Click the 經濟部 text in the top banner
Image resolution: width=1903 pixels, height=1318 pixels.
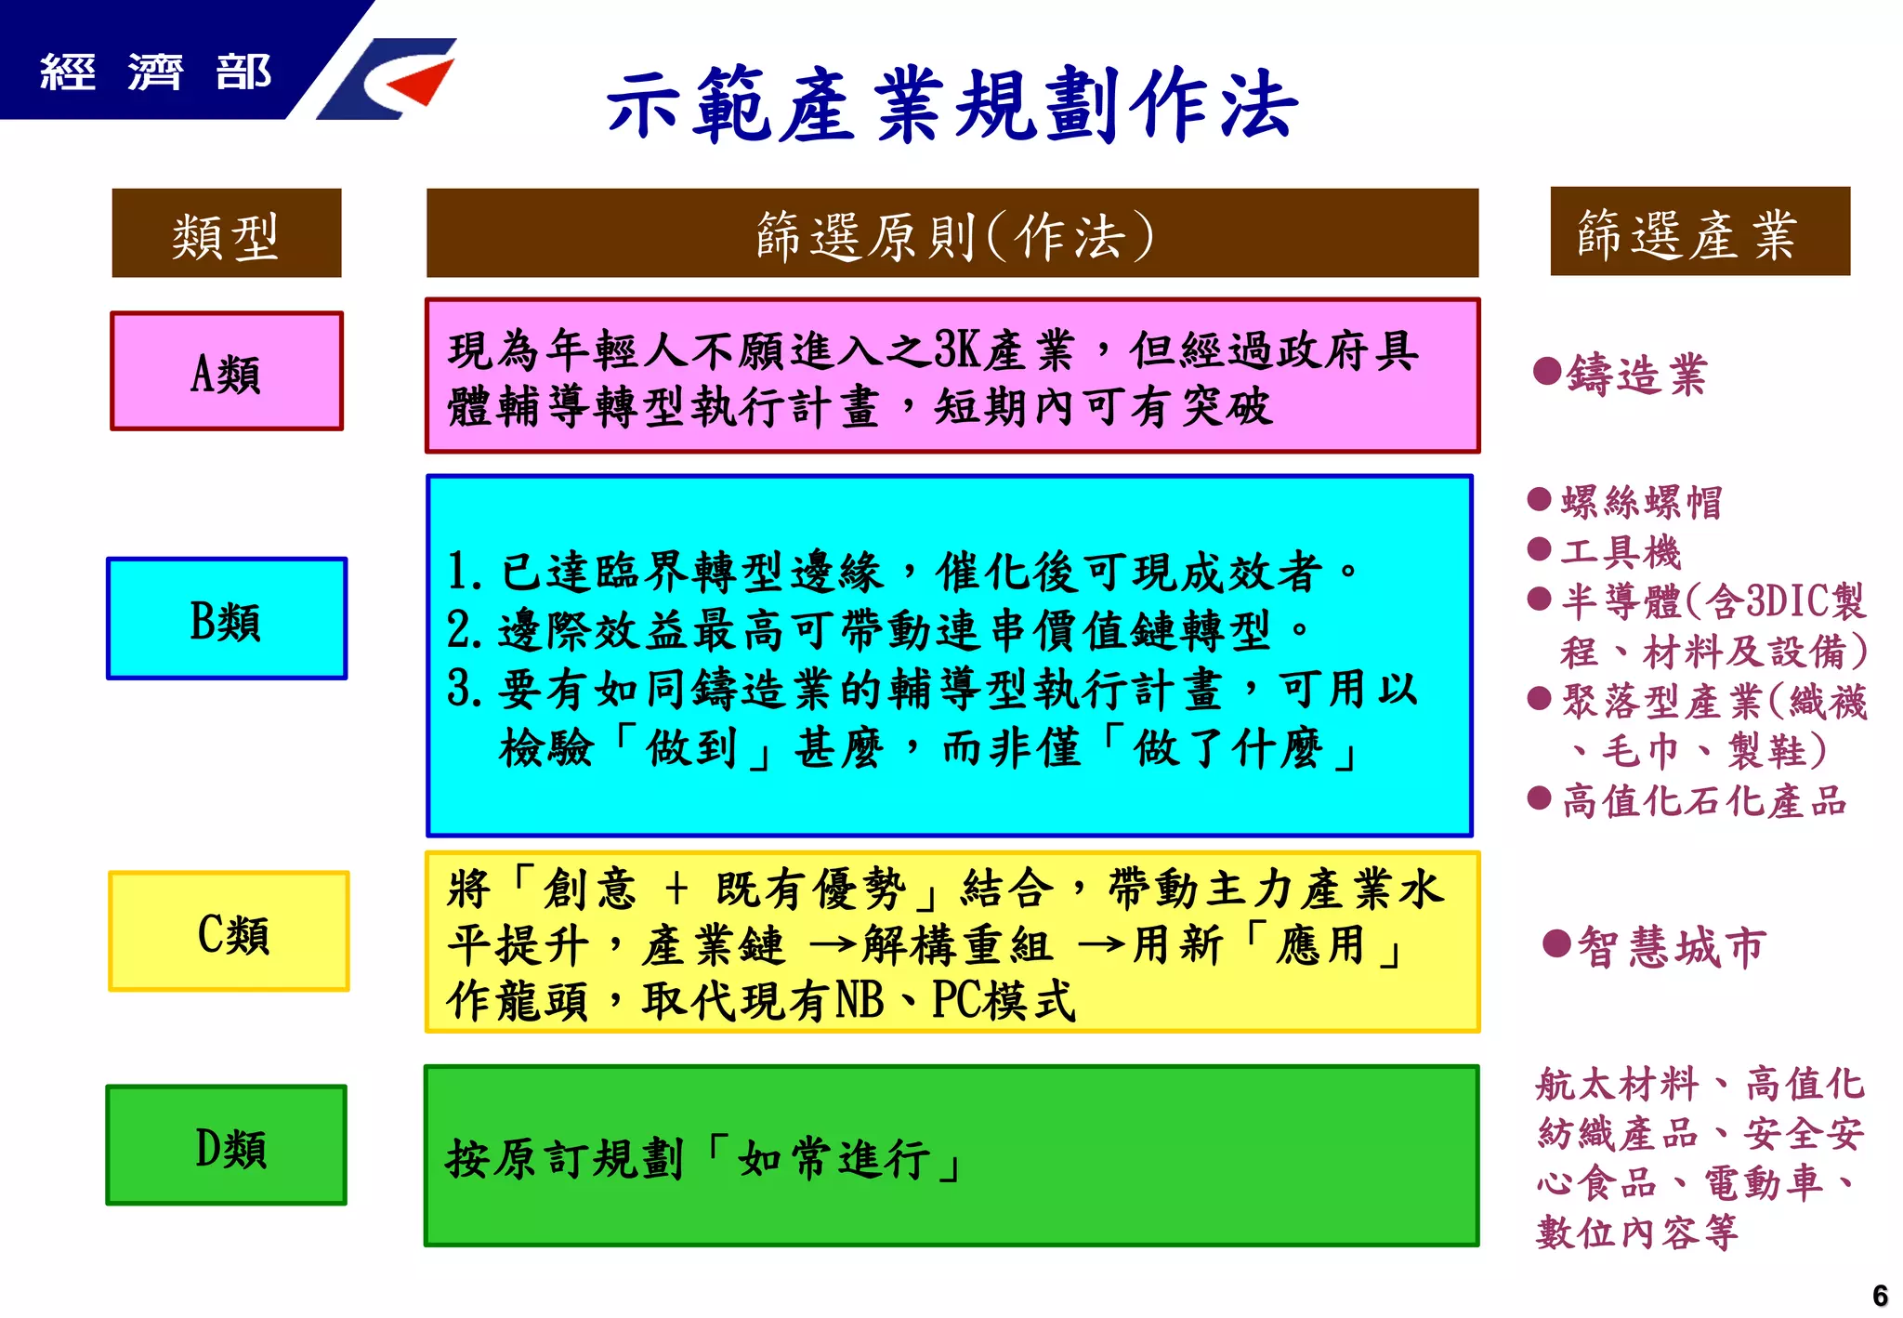pos(155,72)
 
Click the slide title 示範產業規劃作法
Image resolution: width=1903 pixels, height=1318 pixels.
pos(951,105)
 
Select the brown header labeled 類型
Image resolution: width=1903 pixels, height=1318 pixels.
pos(227,234)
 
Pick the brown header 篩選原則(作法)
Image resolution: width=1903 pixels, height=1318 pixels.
pos(952,234)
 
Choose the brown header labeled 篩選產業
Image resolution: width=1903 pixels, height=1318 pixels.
pos(1700,232)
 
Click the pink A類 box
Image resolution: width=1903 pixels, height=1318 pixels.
pos(227,372)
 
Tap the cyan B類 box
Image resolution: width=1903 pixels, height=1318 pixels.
pos(227,619)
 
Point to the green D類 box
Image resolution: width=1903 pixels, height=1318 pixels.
pos(227,1146)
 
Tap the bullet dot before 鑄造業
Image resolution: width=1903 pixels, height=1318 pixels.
pos(1546,371)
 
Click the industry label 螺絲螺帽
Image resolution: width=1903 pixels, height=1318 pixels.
pos(1641,502)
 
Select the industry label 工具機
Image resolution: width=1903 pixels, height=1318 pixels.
pos(1621,552)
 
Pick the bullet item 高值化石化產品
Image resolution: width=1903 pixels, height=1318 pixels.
pos(1703,801)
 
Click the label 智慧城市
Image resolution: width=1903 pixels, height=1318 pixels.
pos(1672,947)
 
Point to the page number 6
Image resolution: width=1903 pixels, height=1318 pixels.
pos(1880,1295)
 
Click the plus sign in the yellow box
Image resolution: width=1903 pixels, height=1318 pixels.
pos(676,889)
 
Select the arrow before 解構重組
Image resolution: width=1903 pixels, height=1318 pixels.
pos(833,946)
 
